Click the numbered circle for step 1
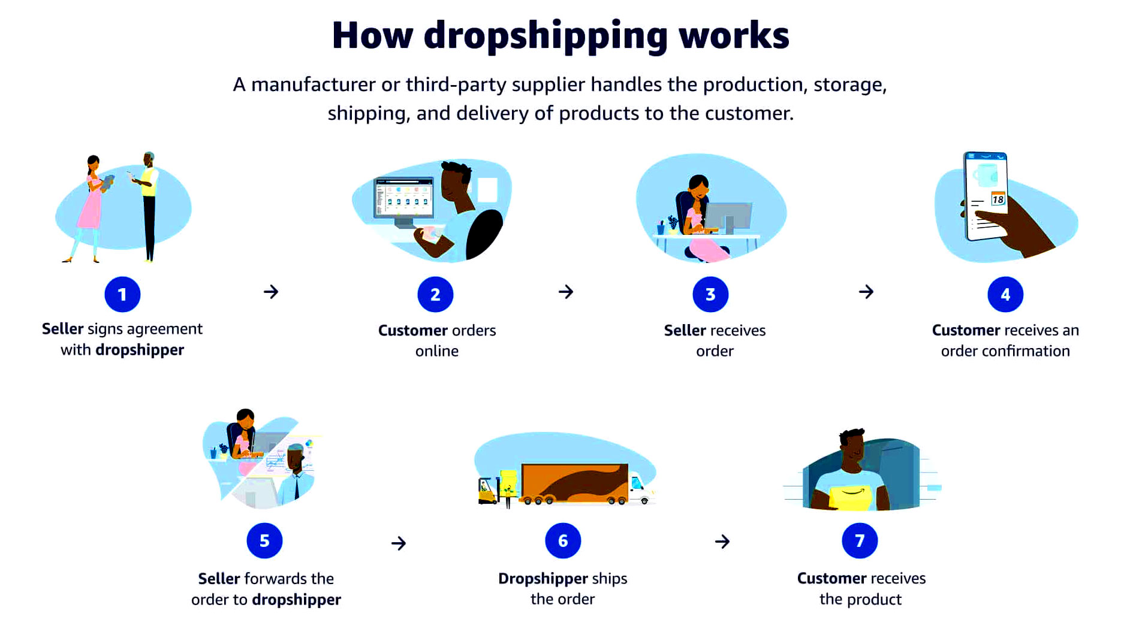click(122, 294)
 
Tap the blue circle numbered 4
click(1005, 294)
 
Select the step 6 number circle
click(562, 540)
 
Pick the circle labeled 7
click(860, 540)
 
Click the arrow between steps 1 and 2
click(271, 292)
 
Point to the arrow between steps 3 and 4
click(866, 292)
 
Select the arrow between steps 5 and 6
click(399, 543)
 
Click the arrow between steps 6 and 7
click(722, 542)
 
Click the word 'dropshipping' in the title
click(545, 35)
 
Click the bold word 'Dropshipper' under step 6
click(543, 579)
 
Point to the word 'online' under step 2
click(436, 351)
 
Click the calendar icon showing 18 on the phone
click(998, 198)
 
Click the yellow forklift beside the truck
click(487, 491)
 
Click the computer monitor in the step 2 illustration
click(403, 199)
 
